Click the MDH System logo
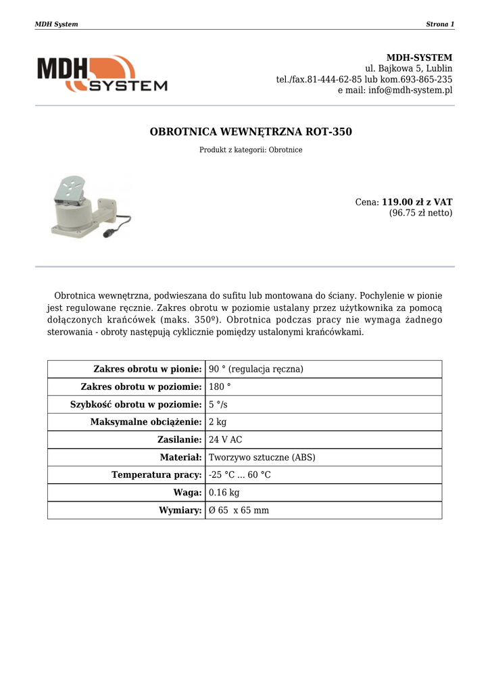[101, 74]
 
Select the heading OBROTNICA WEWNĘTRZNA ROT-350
[251, 132]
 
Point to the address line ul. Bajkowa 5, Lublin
[408, 69]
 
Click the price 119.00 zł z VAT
[417, 202]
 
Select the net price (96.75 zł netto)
[420, 213]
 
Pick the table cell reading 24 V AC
[226, 440]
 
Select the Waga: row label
[187, 493]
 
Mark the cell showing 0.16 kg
[224, 493]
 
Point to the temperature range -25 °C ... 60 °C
[240, 475]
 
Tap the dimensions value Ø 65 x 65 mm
[239, 510]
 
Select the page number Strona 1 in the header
[440, 24]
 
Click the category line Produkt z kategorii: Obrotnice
[251, 150]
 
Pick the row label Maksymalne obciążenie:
[146, 422]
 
